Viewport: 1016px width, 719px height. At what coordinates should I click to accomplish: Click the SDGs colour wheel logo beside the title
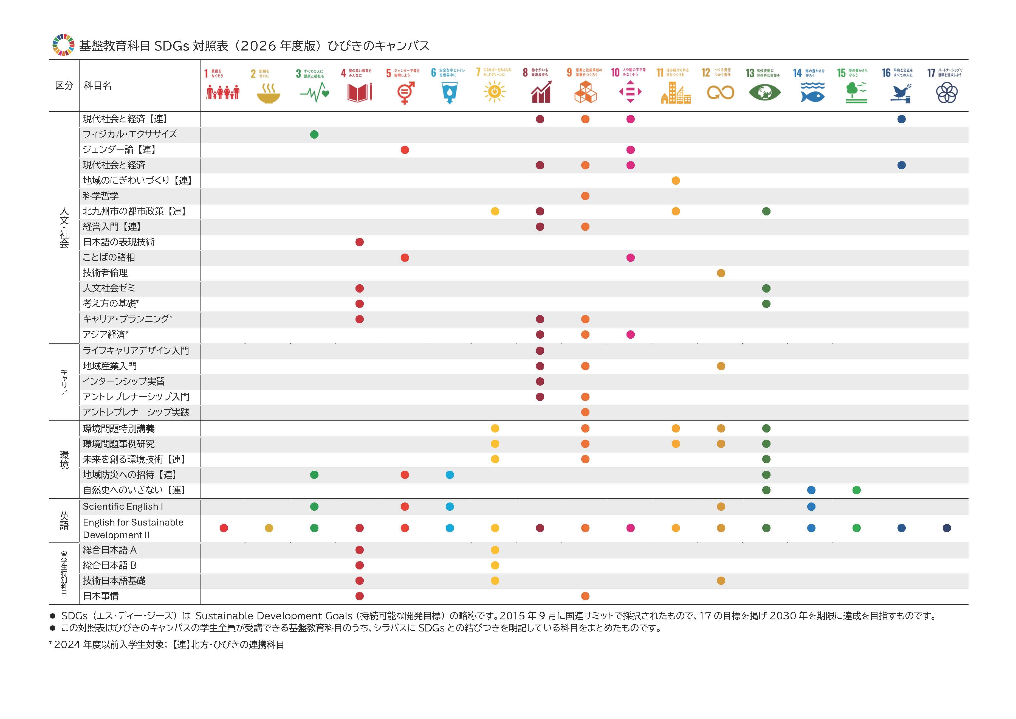(x=64, y=45)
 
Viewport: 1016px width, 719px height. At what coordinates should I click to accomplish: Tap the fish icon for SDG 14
(x=812, y=93)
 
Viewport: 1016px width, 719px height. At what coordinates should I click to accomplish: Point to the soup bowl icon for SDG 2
(x=268, y=93)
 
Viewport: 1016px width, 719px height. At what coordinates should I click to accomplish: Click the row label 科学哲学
(x=101, y=196)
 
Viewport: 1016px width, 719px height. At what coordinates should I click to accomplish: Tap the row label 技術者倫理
(x=105, y=273)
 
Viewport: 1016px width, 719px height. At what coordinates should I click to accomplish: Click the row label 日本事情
(x=101, y=596)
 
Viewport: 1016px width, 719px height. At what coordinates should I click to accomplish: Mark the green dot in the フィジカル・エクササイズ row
(x=314, y=134)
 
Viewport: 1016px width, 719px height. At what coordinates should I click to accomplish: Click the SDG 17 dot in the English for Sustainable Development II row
(x=947, y=528)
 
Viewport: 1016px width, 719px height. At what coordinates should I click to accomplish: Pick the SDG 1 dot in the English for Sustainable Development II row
(x=224, y=528)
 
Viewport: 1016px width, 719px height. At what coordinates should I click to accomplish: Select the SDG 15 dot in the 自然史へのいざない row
(x=856, y=490)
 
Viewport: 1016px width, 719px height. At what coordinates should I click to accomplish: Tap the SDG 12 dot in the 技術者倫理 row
(x=721, y=273)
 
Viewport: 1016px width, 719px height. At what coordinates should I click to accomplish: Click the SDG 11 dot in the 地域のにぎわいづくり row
(x=676, y=181)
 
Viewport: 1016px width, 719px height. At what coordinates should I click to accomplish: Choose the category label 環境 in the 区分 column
(x=64, y=460)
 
